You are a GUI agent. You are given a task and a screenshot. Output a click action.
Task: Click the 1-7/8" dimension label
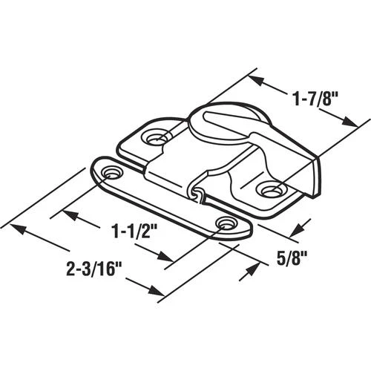pyautogui.click(x=315, y=99)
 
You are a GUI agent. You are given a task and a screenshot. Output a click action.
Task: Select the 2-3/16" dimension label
pyautogui.click(x=91, y=269)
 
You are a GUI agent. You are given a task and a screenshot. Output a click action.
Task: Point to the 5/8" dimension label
pyautogui.click(x=292, y=258)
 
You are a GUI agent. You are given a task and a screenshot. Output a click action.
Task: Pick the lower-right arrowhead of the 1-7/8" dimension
pyautogui.click(x=349, y=122)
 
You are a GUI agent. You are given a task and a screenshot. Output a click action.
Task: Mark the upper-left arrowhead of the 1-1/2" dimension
pyautogui.click(x=70, y=215)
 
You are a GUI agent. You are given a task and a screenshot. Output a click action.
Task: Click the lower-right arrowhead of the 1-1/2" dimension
pyautogui.click(x=165, y=256)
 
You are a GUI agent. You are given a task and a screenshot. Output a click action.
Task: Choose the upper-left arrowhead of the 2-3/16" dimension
pyautogui.click(x=17, y=229)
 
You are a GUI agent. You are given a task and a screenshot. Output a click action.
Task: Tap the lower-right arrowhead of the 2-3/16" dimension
pyautogui.click(x=157, y=290)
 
